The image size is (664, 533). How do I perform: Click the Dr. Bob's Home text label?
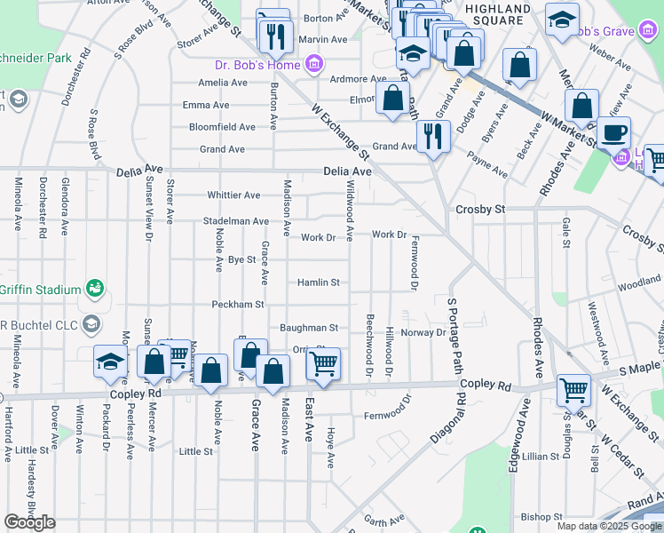[257, 65]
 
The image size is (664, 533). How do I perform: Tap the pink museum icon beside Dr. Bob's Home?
[312, 64]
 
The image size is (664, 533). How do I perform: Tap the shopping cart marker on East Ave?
[323, 364]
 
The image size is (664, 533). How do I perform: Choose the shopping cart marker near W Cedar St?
[573, 391]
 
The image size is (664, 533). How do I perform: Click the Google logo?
[29, 522]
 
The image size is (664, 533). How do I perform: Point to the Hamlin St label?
[319, 282]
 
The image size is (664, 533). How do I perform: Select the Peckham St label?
[238, 305]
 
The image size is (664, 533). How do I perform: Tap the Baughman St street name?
[309, 328]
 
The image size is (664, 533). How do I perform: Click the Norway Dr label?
[423, 332]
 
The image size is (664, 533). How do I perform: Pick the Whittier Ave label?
[233, 195]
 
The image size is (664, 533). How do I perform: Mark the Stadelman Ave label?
[235, 220]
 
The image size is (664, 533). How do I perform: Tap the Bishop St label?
[541, 516]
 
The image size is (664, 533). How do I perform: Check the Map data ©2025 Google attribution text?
[609, 526]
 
